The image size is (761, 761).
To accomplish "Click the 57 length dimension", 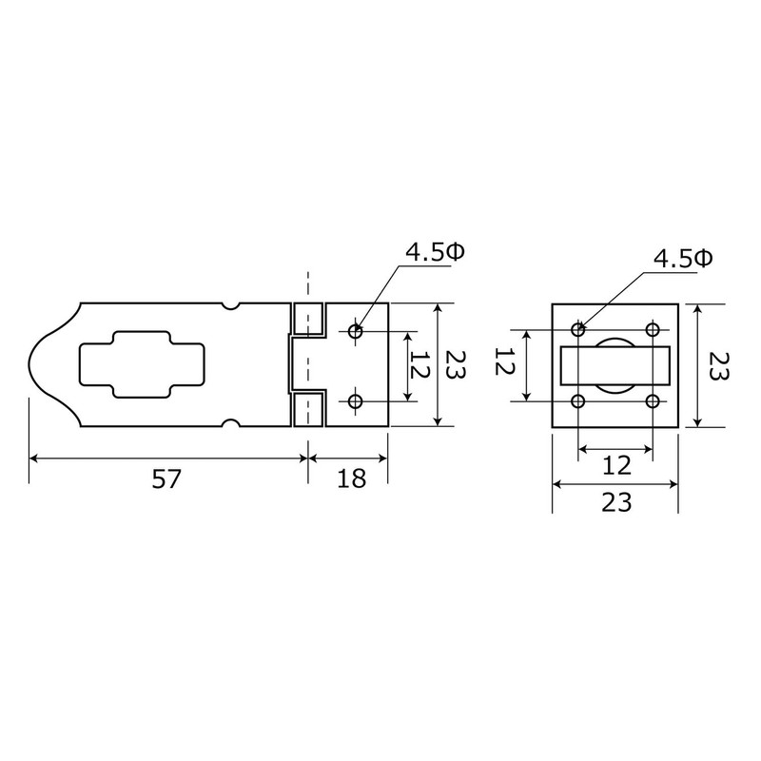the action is pos(166,479).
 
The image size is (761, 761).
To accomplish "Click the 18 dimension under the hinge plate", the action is pos(351,479).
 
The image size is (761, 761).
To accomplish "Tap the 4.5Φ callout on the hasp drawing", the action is pos(436,252).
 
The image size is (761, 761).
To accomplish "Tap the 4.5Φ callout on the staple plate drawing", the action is pos(683,259).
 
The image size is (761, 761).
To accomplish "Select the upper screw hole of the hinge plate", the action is pos(356,332).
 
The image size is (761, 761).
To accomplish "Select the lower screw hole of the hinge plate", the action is pos(356,401).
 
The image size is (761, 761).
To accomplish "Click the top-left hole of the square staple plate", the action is pos(578,330).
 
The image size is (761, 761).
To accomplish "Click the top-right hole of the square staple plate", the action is pos(653,330).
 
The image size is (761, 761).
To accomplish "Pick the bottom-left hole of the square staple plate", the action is pos(578,401).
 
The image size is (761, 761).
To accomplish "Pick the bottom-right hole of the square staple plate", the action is pos(653,401).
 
